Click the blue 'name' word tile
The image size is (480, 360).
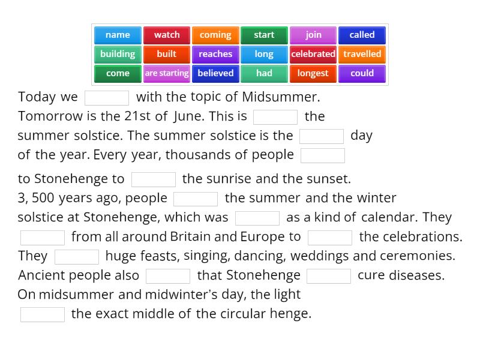118,35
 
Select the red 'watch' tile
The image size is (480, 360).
167,35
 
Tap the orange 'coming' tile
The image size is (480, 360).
215,35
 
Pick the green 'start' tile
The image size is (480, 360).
264,35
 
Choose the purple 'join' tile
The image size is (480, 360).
313,35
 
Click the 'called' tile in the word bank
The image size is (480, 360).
362,35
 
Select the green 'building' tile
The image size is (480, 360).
118,54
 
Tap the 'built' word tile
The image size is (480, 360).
167,54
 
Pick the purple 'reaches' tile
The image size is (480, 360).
215,54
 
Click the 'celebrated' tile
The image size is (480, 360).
313,54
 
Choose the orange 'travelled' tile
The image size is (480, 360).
362,54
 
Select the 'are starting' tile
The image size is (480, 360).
167,73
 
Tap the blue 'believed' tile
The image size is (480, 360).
215,73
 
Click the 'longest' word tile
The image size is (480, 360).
313,73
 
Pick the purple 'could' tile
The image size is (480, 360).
362,73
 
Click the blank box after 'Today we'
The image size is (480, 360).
107,98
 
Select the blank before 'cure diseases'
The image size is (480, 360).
329,276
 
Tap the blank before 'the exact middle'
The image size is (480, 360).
43,314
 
